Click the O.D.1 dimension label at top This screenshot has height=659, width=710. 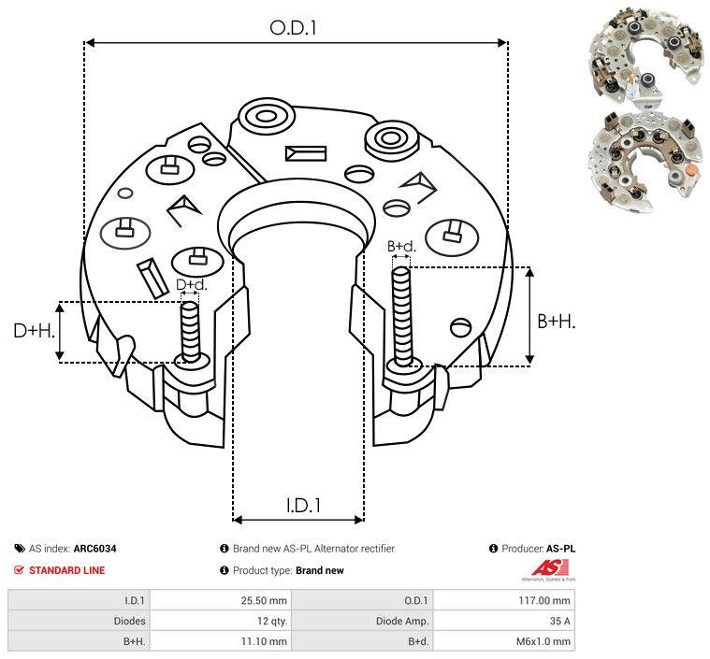(x=294, y=28)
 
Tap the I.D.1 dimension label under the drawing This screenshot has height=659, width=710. (x=303, y=506)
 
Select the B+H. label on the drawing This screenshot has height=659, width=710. (x=556, y=321)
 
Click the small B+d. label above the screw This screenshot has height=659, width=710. (x=400, y=247)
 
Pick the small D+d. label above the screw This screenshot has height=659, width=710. (x=191, y=284)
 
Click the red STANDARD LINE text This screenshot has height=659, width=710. (x=66, y=570)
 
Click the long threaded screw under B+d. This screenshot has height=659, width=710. (x=402, y=318)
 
